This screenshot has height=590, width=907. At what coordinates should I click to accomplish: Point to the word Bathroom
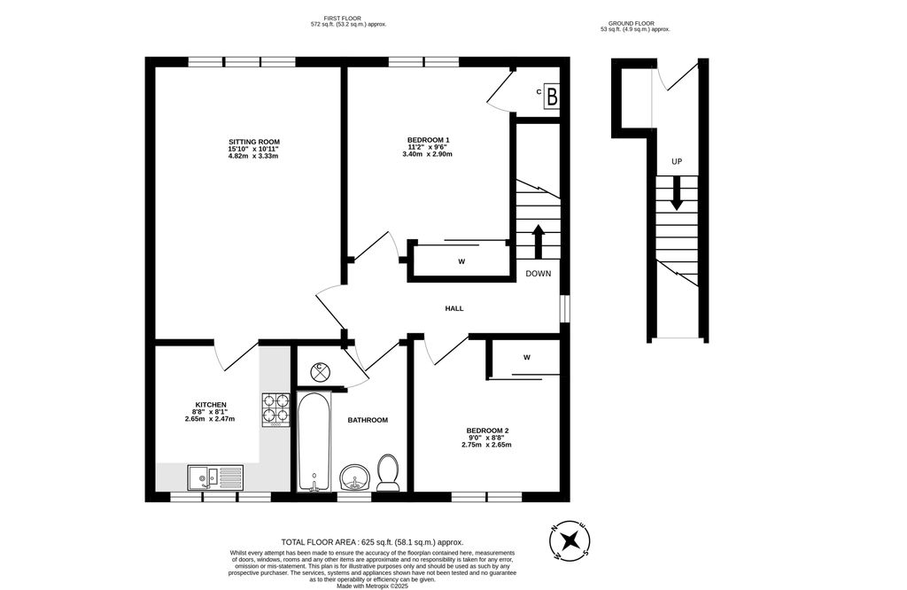pos(368,420)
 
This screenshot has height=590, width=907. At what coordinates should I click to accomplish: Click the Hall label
pos(454,308)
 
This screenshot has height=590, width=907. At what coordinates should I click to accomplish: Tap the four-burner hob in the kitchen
pos(275,409)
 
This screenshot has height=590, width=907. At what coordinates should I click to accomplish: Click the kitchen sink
pos(215,477)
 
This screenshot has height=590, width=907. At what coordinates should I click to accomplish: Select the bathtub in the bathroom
pos(314,442)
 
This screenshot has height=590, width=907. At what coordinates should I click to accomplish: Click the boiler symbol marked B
pos(551,96)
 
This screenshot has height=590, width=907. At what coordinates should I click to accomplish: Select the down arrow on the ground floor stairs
pos(677,194)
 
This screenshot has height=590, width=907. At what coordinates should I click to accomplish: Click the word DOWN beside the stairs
pos(538,274)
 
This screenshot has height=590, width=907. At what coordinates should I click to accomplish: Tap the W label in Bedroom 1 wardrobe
pos(461,261)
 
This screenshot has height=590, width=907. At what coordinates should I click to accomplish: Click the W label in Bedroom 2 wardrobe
pos(526,358)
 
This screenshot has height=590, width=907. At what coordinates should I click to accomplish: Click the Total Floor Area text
pos(372,541)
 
